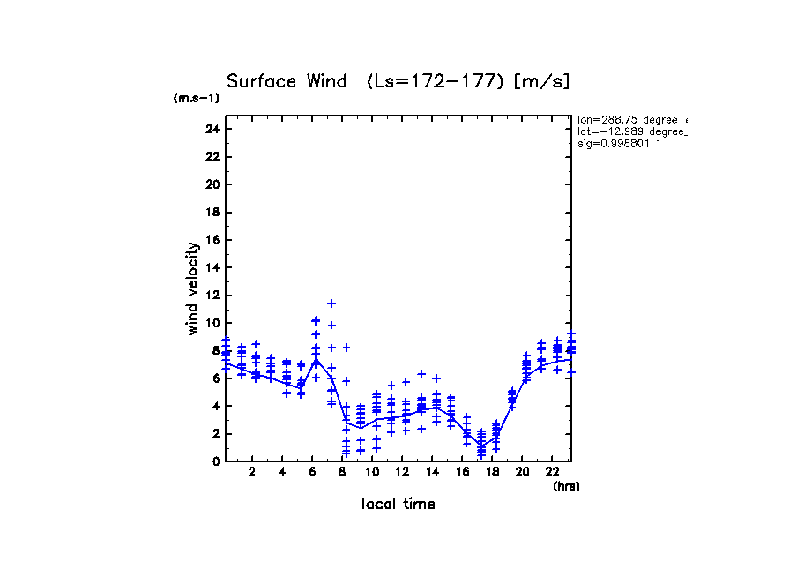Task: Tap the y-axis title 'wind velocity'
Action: pos(192,288)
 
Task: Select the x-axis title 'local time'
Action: pos(398,505)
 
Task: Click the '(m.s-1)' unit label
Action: pos(196,99)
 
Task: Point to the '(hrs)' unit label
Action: pos(565,486)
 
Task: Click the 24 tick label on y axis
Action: pos(212,129)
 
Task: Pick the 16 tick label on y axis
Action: pos(212,240)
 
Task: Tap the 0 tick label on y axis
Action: pos(215,461)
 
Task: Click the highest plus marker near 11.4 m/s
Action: pos(331,303)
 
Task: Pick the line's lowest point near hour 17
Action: pos(481,446)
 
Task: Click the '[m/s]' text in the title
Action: pos(543,82)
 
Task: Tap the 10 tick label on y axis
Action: pos(212,323)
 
